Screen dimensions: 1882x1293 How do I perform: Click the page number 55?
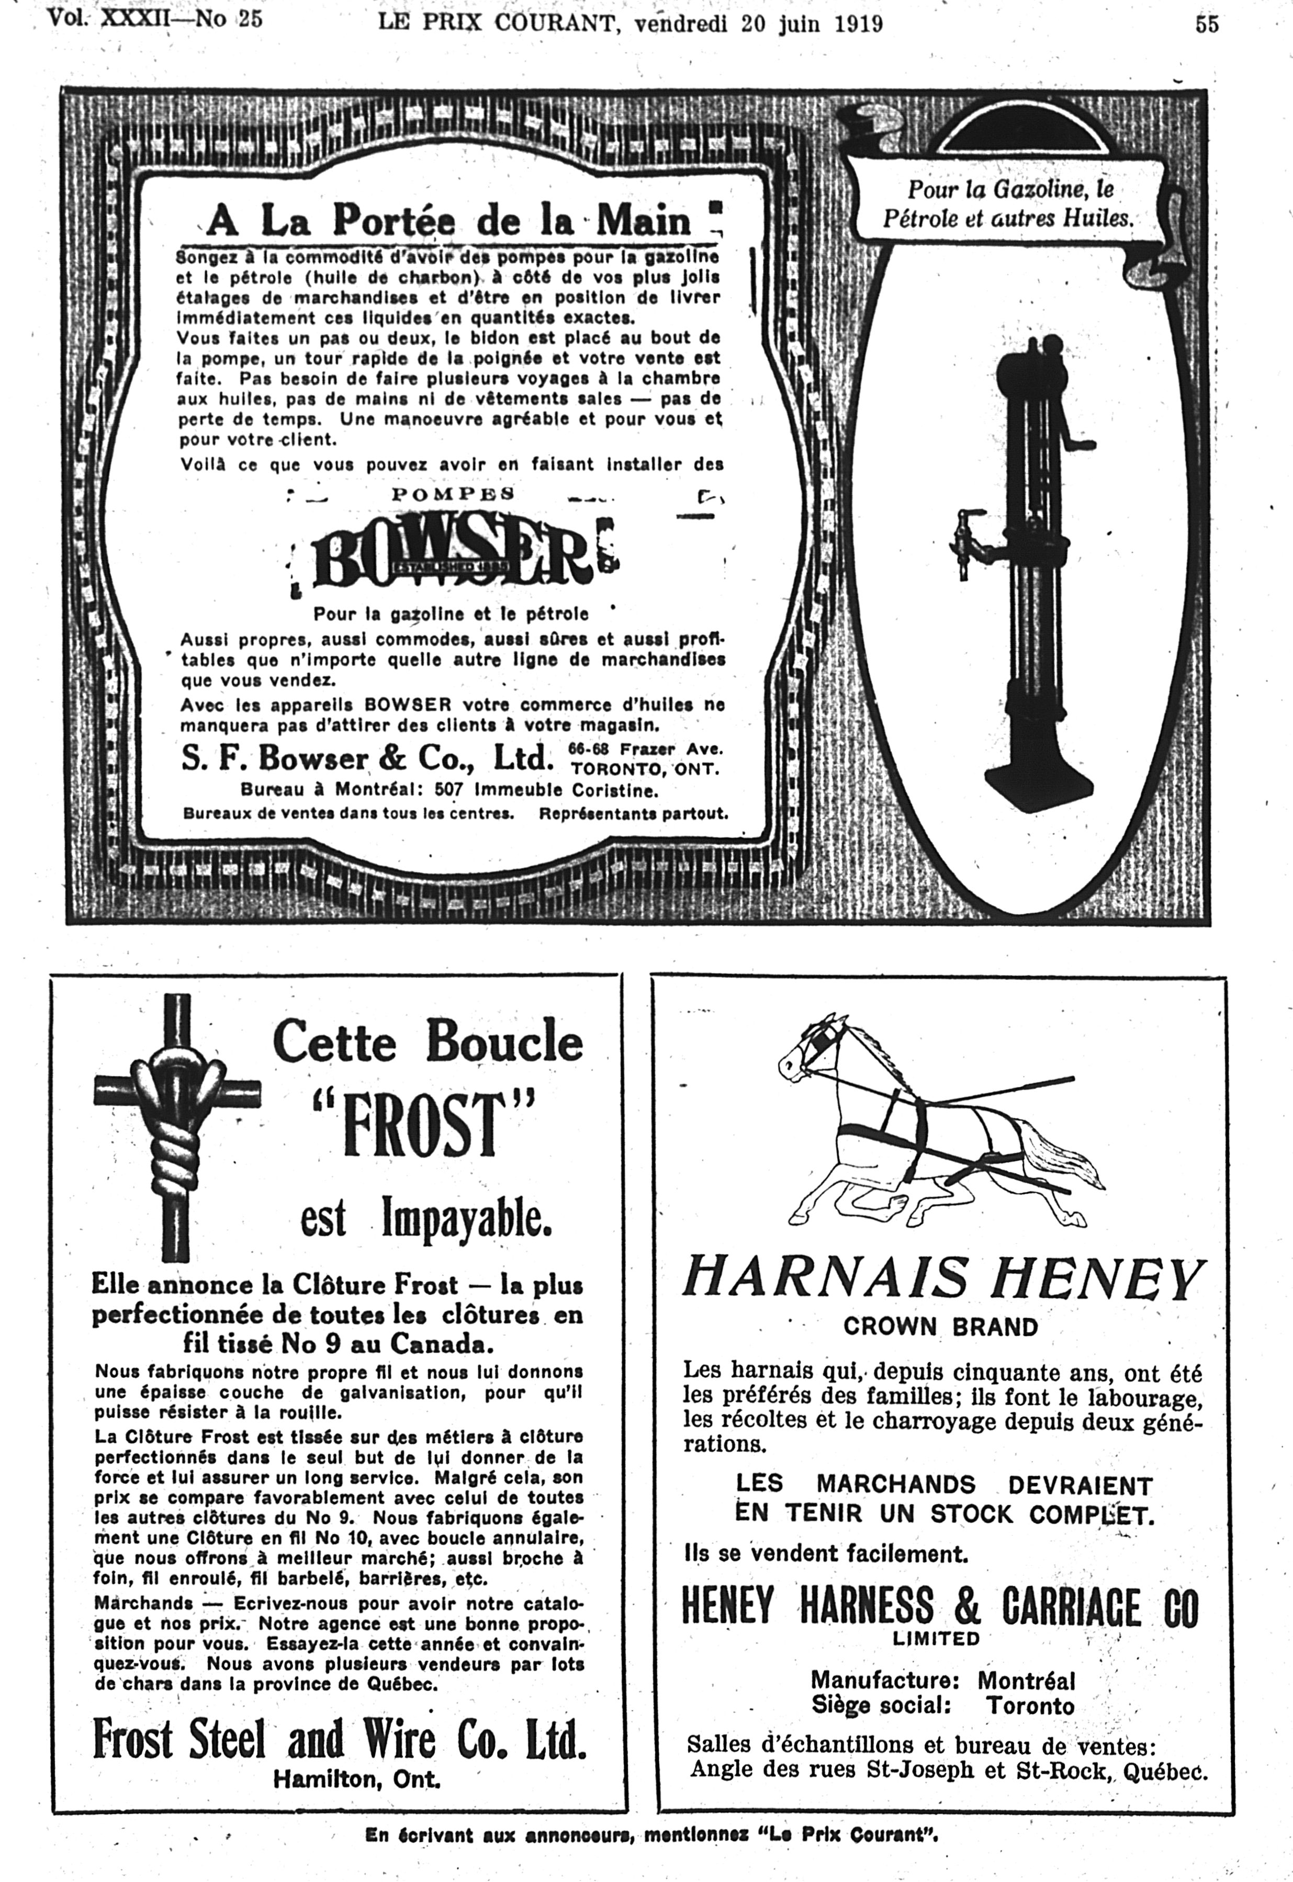point(1206,24)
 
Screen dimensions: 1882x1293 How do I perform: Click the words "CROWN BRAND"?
point(940,1327)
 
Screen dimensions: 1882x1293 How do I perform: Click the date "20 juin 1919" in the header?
point(812,24)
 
